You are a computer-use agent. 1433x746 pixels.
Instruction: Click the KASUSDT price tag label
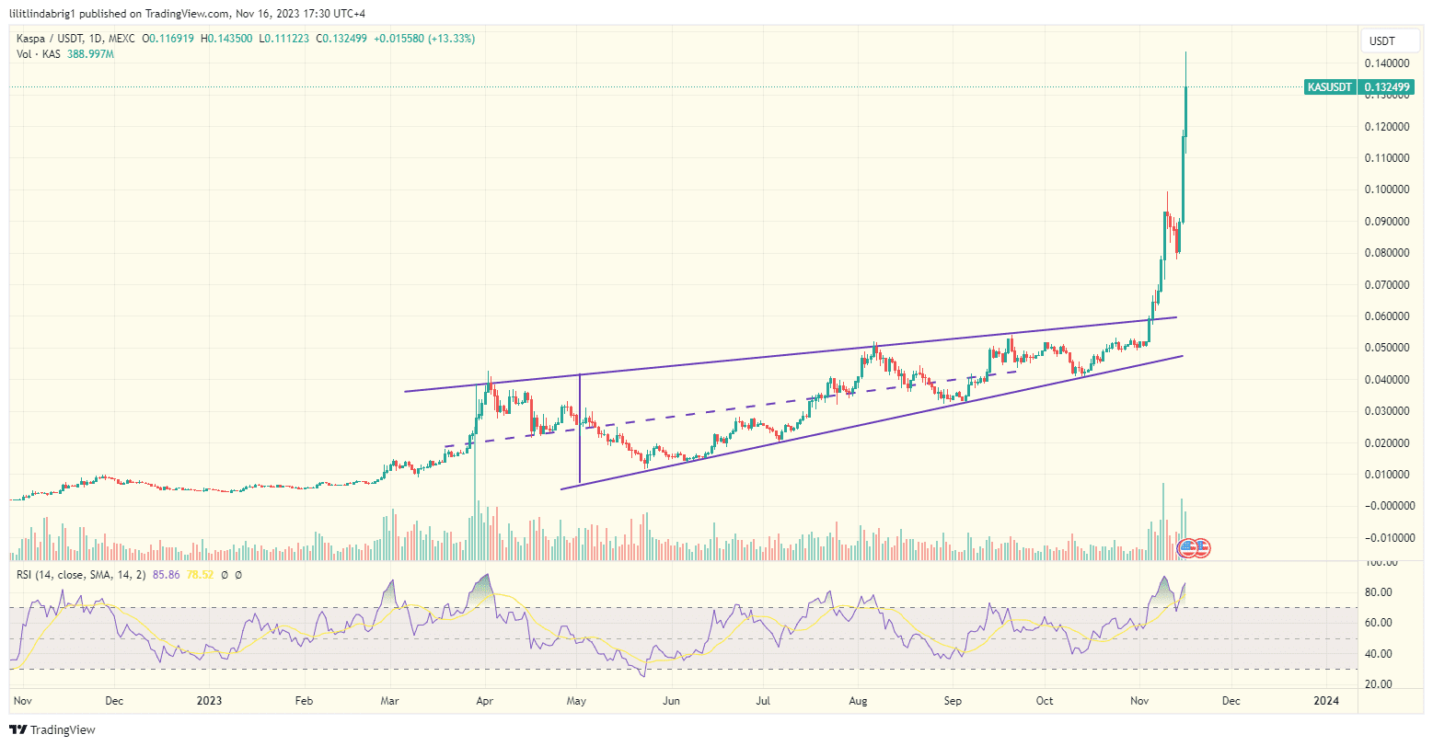[x=1330, y=87]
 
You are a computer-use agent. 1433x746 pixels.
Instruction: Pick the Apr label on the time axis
[x=484, y=701]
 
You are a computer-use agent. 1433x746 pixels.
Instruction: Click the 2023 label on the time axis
[x=209, y=701]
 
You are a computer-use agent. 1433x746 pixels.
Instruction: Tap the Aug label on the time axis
[x=859, y=701]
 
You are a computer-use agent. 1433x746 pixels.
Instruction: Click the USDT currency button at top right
[x=1382, y=40]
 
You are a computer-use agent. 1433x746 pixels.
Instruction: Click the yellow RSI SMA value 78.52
[x=201, y=575]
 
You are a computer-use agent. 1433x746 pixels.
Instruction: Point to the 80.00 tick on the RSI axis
[x=1378, y=592]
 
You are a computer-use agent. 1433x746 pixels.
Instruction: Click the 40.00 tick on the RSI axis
[x=1378, y=654]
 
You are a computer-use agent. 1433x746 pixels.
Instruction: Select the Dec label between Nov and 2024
[x=1231, y=701]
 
